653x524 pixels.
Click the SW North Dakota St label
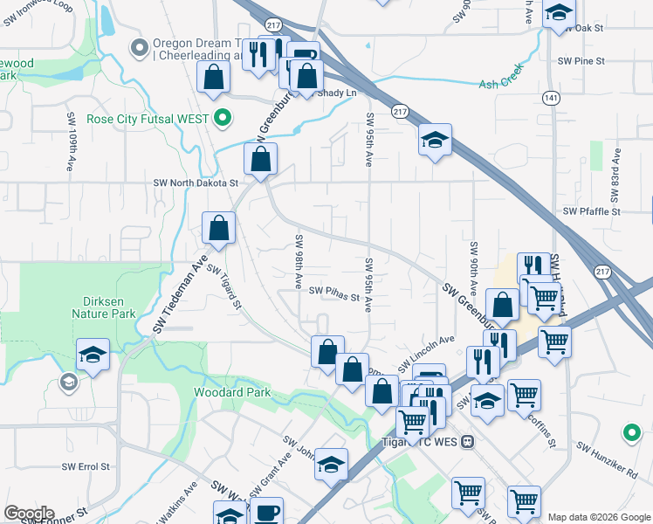pyautogui.click(x=196, y=183)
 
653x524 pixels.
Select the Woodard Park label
pyautogui.click(x=233, y=392)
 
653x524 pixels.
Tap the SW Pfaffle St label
pyautogui.click(x=591, y=211)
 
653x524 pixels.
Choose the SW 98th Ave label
pyautogui.click(x=299, y=263)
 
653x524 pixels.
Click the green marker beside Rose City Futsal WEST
pyautogui.click(x=223, y=118)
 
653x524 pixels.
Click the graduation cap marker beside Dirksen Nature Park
pyautogui.click(x=93, y=355)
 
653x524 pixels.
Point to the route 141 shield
pyautogui.click(x=550, y=100)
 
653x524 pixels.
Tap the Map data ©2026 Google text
pyautogui.click(x=599, y=517)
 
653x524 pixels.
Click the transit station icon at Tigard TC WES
pyautogui.click(x=468, y=442)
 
